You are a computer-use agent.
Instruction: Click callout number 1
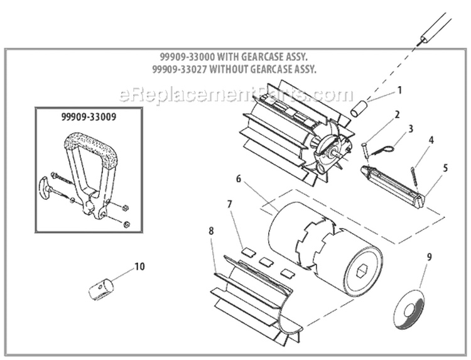pyautogui.click(x=399, y=90)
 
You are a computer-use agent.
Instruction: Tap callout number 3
pyautogui.click(x=410, y=129)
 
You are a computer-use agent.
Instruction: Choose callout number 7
pyautogui.click(x=230, y=204)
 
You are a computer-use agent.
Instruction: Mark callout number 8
pyautogui.click(x=211, y=231)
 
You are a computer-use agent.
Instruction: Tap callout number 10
pyautogui.click(x=139, y=266)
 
